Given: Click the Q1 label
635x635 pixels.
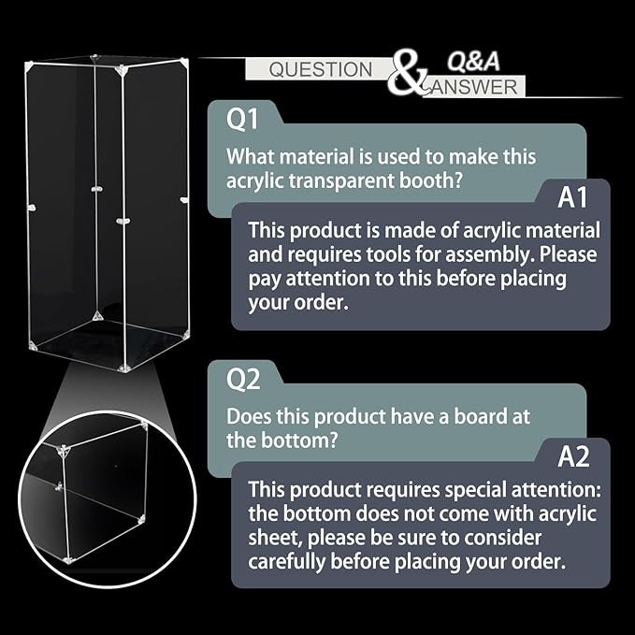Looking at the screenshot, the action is tap(242, 119).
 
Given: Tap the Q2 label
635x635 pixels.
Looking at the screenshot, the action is tap(243, 379).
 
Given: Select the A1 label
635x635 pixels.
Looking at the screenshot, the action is tap(572, 197).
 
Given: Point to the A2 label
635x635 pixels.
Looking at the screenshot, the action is tap(573, 456).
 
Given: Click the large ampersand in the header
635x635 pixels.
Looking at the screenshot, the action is tap(406, 73).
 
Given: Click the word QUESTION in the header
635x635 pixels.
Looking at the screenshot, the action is tap(321, 69).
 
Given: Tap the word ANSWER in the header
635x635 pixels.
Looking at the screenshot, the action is tap(475, 87).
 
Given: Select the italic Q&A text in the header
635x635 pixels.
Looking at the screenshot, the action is tap(473, 62).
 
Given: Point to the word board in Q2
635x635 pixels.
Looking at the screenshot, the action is tap(481, 416).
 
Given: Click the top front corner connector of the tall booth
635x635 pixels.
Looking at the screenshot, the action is tap(121, 71).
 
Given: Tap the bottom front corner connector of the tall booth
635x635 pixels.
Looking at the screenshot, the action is tap(124, 368).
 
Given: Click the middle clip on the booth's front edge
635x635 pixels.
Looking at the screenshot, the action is tap(123, 221).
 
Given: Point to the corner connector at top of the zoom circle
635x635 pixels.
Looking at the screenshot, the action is tap(64, 451).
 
